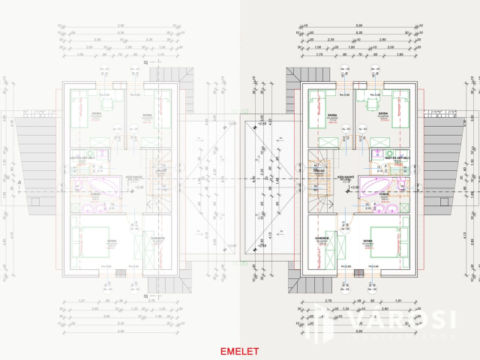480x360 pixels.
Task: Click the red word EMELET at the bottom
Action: tap(239, 351)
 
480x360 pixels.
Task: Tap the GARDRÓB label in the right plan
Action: tap(323, 238)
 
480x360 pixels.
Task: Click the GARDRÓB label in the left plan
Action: tap(157, 238)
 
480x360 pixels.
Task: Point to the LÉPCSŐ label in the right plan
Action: tap(319, 170)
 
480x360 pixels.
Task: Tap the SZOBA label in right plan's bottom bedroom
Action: tap(368, 241)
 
